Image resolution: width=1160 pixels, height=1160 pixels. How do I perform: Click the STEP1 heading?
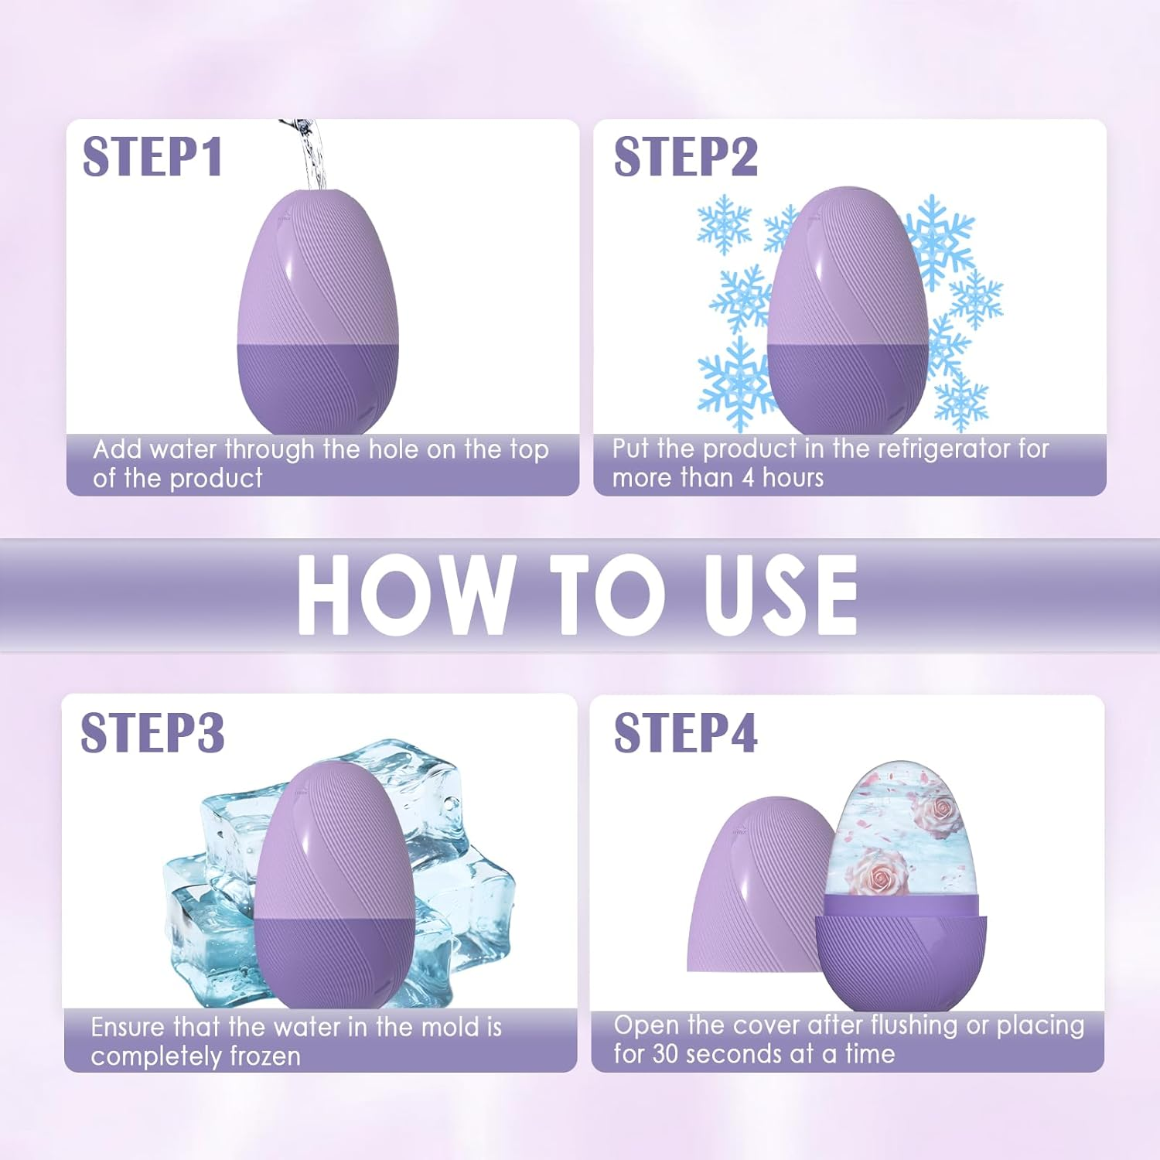coord(152,157)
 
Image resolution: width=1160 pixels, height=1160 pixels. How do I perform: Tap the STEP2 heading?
coord(685,157)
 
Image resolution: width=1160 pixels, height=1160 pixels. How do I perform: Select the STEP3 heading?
coord(152,732)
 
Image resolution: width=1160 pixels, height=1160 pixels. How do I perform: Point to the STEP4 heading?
coord(685,732)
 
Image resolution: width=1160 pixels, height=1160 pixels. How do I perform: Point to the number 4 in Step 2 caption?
coord(748,478)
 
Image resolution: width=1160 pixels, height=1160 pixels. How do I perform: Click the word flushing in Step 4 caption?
coord(915,1025)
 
